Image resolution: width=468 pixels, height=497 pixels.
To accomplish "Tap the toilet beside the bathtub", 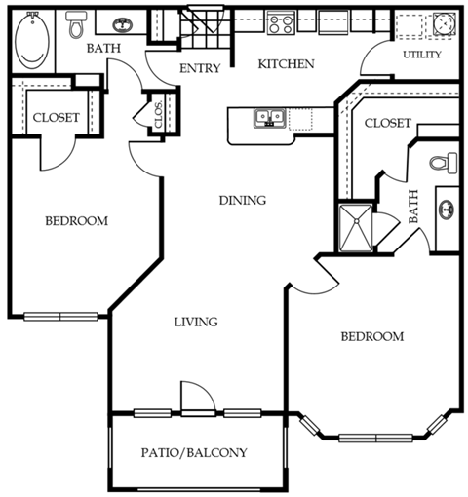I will [75, 26].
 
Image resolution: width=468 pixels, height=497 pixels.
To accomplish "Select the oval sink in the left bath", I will [122, 27].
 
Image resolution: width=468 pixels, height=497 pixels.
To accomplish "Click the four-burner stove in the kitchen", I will [282, 21].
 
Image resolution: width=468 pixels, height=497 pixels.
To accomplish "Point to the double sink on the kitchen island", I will [269, 119].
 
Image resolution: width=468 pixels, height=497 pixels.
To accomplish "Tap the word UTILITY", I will [421, 55].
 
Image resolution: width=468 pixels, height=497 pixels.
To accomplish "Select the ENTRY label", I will [200, 68].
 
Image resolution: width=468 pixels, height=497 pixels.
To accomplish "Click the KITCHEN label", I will [286, 64].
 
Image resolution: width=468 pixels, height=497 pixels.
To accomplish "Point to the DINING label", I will [242, 201].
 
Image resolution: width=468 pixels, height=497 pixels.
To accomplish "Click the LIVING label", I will [195, 322].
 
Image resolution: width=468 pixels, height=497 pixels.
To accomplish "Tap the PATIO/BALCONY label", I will [194, 452].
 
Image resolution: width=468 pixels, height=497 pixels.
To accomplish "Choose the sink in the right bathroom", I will [448, 209].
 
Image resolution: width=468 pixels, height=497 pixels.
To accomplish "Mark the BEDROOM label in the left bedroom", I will [76, 221].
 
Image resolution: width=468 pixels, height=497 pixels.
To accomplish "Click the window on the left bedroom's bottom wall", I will [60, 316].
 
